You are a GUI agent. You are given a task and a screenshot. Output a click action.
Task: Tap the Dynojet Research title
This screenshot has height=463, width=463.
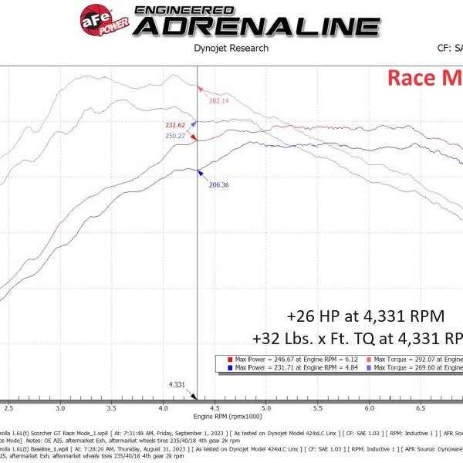click(x=231, y=48)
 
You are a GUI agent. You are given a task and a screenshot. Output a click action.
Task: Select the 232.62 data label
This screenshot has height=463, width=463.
click(x=175, y=124)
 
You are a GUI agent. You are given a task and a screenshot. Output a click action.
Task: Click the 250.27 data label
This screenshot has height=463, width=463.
click(x=175, y=136)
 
